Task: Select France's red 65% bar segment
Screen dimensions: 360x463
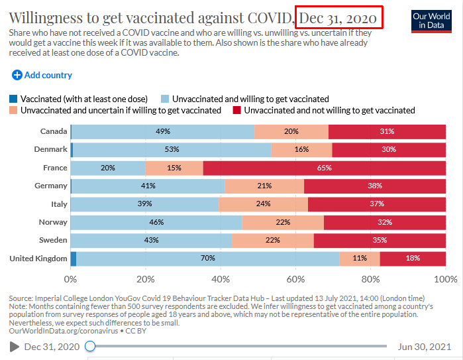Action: pos(325,168)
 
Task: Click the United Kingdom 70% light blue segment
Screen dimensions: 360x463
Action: pos(208,258)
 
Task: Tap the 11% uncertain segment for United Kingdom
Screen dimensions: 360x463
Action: pos(360,258)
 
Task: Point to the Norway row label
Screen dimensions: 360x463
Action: pos(54,222)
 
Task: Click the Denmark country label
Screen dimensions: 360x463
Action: pos(51,149)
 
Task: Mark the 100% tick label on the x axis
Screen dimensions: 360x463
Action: pos(446,278)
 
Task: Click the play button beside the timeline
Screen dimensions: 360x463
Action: pos(15,346)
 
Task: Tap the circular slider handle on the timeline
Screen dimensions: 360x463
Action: pos(90,346)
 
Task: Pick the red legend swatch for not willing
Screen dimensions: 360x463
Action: pos(236,110)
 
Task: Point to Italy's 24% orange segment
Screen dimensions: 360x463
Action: pos(263,204)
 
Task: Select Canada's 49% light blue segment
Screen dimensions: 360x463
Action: pos(162,131)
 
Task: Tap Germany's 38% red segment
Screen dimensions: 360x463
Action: pos(375,186)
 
